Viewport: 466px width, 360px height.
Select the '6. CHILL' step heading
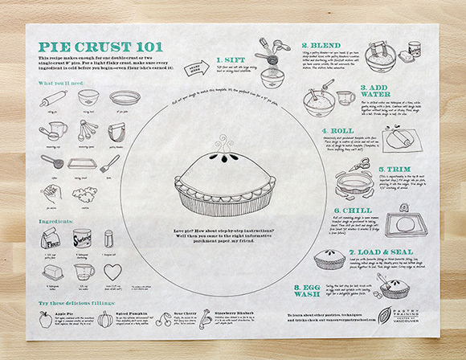pos(352,211)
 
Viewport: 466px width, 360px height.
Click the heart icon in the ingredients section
pos(112,271)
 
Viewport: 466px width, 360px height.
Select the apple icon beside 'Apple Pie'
pos(45,318)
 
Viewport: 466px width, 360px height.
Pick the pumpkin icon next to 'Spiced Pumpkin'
pos(104,318)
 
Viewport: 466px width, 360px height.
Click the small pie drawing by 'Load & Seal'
pos(329,259)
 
